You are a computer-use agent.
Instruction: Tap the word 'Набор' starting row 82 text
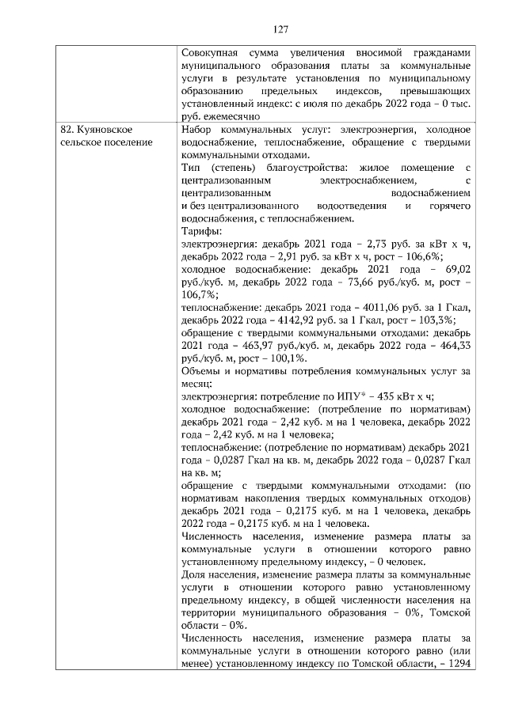point(196,129)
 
